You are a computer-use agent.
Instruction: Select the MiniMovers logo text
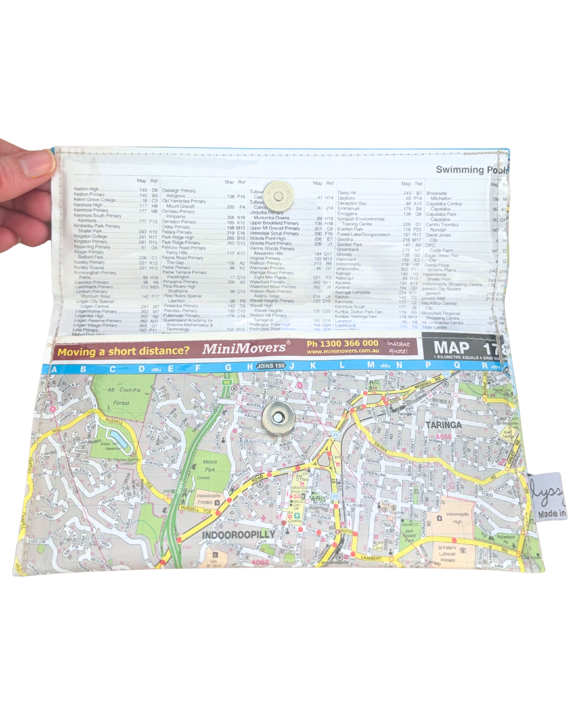coord(244,348)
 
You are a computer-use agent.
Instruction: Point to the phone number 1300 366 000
coord(342,343)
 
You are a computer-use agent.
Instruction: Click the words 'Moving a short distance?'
coord(123,351)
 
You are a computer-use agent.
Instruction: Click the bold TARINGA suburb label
coord(443,425)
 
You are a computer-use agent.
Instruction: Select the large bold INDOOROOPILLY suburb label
coord(239,535)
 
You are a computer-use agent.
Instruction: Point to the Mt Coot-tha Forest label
coord(123,396)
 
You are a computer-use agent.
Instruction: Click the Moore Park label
coord(209,466)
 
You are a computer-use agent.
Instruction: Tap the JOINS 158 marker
coord(271,366)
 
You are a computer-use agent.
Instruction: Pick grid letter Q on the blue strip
coord(456,366)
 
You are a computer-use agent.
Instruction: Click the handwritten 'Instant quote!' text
coord(398,347)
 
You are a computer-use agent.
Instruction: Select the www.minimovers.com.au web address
coord(342,352)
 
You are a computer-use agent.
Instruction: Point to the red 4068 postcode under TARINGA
coord(443,436)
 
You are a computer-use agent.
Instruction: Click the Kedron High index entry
coord(87,189)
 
